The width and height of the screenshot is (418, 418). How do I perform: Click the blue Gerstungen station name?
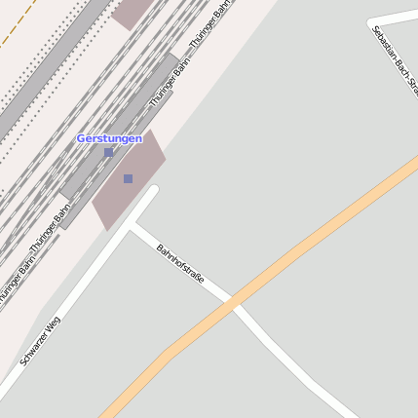[x=109, y=138]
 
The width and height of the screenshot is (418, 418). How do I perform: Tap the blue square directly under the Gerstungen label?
[x=108, y=152]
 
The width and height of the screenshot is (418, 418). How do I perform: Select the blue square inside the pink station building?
[x=128, y=178]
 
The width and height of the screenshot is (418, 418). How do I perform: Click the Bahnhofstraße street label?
[x=181, y=263]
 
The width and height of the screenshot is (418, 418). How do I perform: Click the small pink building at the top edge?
[x=132, y=11]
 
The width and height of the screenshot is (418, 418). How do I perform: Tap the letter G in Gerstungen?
[x=81, y=138]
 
